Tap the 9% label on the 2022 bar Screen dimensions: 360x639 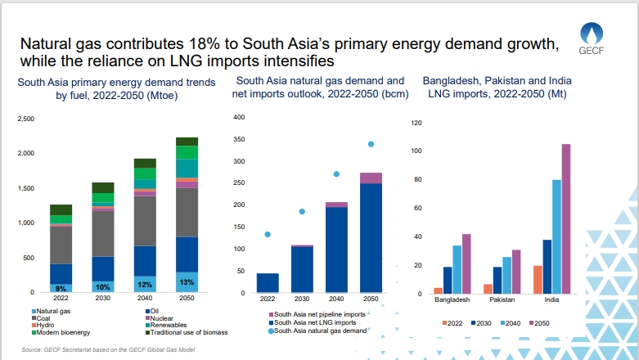click(60, 287)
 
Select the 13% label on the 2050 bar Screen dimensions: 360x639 click(187, 283)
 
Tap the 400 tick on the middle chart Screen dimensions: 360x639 click(239, 117)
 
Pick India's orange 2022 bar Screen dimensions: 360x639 click(538, 279)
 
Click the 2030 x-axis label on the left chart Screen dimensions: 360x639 click(102, 299)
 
